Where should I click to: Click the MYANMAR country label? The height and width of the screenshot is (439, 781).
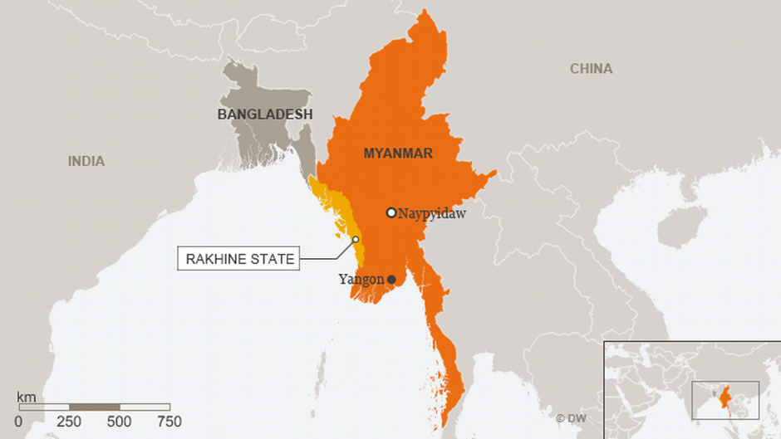[398, 154]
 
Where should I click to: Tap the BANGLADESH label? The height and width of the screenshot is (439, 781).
[265, 115]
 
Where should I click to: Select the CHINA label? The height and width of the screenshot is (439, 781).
[591, 69]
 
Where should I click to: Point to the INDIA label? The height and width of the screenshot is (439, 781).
[86, 161]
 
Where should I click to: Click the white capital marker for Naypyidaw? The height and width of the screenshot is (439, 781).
[391, 212]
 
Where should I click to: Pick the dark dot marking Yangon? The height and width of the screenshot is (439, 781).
[391, 280]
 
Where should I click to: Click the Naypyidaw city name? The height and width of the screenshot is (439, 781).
[432, 213]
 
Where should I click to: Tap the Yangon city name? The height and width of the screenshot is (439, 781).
[361, 280]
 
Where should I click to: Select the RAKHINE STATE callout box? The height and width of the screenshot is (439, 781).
[239, 259]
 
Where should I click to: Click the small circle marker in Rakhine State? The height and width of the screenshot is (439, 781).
[356, 240]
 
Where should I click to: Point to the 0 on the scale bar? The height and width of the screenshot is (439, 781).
[18, 422]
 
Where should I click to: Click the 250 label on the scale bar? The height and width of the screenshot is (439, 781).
[69, 422]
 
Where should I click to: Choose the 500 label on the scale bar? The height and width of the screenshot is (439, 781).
[120, 422]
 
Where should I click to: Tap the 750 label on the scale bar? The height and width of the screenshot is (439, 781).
[169, 422]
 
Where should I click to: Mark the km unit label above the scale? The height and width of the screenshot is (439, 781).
[25, 398]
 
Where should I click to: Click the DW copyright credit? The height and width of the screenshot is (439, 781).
[571, 418]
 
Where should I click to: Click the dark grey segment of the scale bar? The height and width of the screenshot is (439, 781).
[94, 407]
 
